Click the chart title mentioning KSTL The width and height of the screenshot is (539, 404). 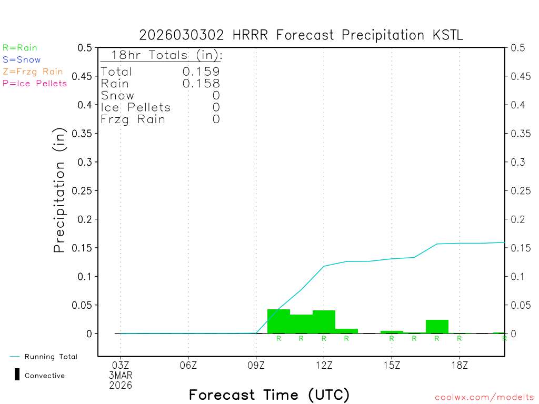(301, 35)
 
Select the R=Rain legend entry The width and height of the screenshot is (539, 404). (20, 48)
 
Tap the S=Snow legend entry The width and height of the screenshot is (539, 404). (22, 60)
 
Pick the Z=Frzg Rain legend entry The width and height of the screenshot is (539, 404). (33, 72)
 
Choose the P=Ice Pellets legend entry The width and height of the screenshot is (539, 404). (35, 83)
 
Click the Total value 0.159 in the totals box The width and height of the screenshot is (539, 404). (201, 72)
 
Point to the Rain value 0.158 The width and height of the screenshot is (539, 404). (201, 83)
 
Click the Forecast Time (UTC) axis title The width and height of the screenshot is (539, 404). (269, 395)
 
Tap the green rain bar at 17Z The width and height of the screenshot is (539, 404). (437, 327)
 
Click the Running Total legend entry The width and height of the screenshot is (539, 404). (51, 357)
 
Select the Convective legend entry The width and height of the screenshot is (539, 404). (44, 376)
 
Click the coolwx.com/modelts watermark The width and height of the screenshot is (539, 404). (484, 398)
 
